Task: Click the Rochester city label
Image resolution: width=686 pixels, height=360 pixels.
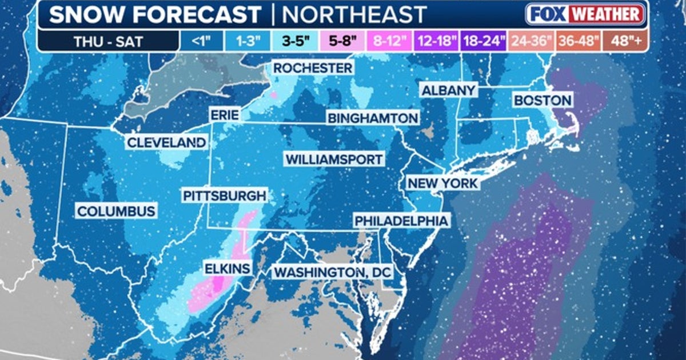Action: tap(313, 68)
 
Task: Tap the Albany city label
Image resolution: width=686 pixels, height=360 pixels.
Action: tap(448, 90)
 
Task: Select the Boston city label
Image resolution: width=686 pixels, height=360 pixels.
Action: tap(542, 101)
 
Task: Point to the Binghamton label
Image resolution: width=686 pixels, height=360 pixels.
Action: tap(372, 118)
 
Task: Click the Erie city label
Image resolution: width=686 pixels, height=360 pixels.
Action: tap(224, 115)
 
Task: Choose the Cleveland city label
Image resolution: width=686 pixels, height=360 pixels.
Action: tap(166, 142)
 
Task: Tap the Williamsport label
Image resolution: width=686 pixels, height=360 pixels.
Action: tap(334, 159)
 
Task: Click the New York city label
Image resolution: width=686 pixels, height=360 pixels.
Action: tap(442, 183)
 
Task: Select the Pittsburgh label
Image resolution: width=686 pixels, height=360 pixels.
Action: tap(224, 196)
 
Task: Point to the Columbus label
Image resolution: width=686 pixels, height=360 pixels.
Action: tap(116, 211)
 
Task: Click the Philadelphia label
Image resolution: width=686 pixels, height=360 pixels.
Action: tap(400, 221)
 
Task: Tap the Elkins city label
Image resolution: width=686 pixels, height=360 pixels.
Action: tap(228, 267)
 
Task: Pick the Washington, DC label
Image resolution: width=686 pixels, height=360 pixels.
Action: tap(332, 273)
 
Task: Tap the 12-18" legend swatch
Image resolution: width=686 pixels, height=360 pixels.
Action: tap(436, 42)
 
